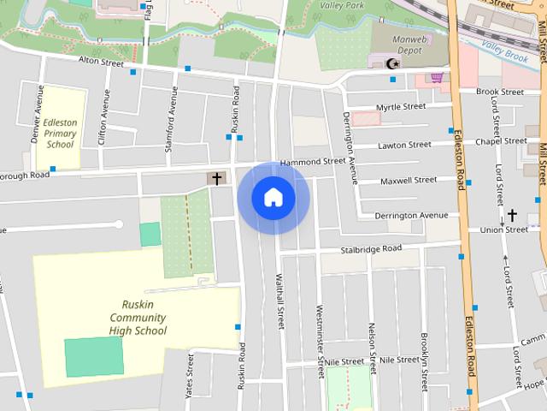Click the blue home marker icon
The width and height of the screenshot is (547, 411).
point(273,198)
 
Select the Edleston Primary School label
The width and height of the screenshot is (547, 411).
point(60,134)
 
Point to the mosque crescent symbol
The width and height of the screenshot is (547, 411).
point(392,63)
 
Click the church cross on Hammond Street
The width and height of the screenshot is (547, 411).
point(216,179)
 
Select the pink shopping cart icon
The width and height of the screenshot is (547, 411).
point(438,77)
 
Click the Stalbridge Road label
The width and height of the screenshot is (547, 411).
point(371,248)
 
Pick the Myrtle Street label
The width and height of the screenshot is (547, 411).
point(401,107)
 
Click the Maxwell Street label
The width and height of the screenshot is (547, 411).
point(408,181)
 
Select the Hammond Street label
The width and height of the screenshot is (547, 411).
point(312,161)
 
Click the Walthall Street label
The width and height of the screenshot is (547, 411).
point(279,301)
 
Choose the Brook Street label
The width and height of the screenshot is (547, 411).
point(500,92)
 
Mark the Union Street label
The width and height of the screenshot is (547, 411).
point(504,229)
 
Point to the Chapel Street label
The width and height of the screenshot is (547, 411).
point(501,140)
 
